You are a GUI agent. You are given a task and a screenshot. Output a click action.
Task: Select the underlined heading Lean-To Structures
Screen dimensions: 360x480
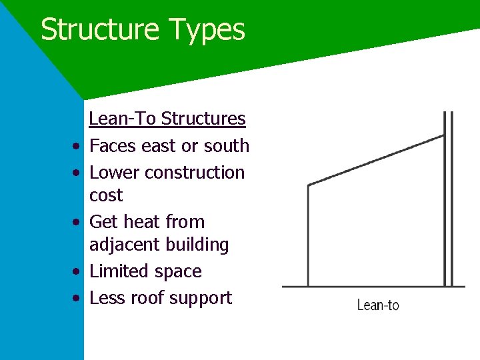click(167, 119)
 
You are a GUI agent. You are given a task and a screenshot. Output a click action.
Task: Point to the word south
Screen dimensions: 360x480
click(227, 145)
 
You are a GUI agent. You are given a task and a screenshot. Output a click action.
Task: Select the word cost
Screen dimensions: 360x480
click(106, 195)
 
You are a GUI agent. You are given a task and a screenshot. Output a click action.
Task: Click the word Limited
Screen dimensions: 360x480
click(117, 271)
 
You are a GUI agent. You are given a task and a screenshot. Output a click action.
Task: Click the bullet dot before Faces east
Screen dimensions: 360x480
click(78, 146)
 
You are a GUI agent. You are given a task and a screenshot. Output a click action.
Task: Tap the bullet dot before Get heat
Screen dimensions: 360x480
click(78, 222)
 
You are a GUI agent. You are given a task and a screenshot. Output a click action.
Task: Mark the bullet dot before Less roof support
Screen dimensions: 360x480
click(78, 298)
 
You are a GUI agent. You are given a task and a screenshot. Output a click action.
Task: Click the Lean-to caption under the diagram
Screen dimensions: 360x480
click(378, 305)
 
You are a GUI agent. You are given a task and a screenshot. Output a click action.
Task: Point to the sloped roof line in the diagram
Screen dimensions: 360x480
click(375, 160)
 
